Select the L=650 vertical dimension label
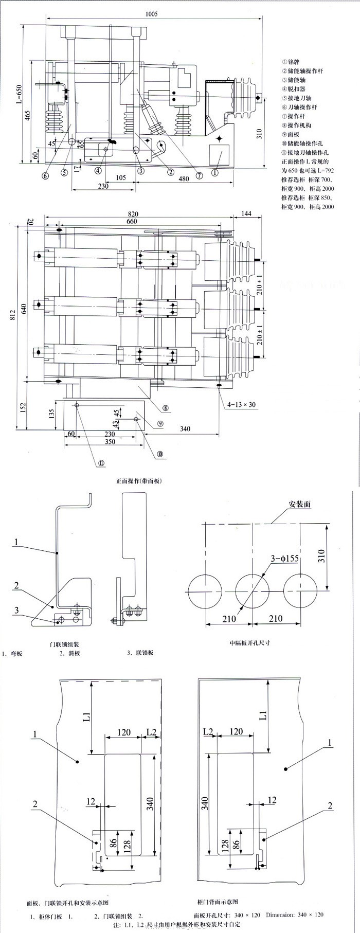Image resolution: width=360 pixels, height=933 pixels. (x=19, y=95)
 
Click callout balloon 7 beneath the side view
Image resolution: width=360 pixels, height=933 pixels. (x=199, y=175)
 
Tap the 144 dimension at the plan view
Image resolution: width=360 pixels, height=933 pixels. (x=247, y=214)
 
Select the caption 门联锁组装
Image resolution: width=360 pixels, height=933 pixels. (x=64, y=643)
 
